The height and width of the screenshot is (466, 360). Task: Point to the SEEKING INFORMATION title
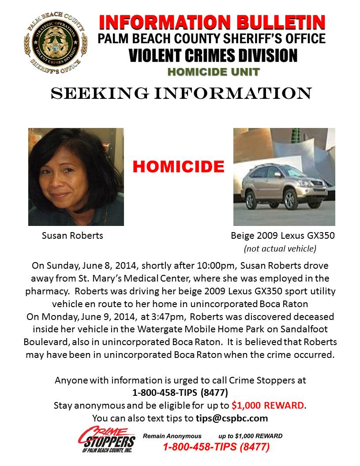point(181,93)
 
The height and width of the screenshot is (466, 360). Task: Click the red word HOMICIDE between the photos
point(178,167)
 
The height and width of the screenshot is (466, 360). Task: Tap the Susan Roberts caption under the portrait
point(72,236)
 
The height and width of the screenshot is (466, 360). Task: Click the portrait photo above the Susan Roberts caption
point(76,177)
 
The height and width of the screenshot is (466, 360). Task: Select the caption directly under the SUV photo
point(283,236)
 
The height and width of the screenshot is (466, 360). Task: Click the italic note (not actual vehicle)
point(280,248)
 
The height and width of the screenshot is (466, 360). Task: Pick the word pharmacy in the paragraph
point(48,292)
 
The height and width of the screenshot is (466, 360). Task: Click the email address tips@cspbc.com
point(232,418)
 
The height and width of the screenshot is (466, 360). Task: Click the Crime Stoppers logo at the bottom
point(106,439)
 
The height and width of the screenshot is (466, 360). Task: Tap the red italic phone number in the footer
point(216,447)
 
